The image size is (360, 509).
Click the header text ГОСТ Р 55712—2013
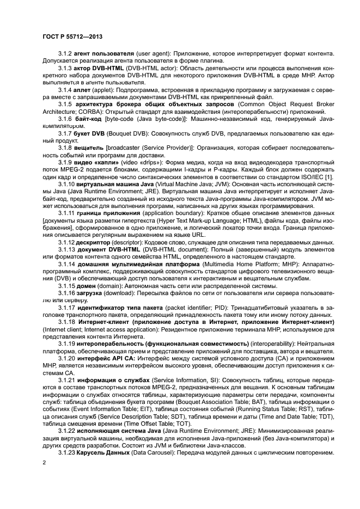tap(72, 36)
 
